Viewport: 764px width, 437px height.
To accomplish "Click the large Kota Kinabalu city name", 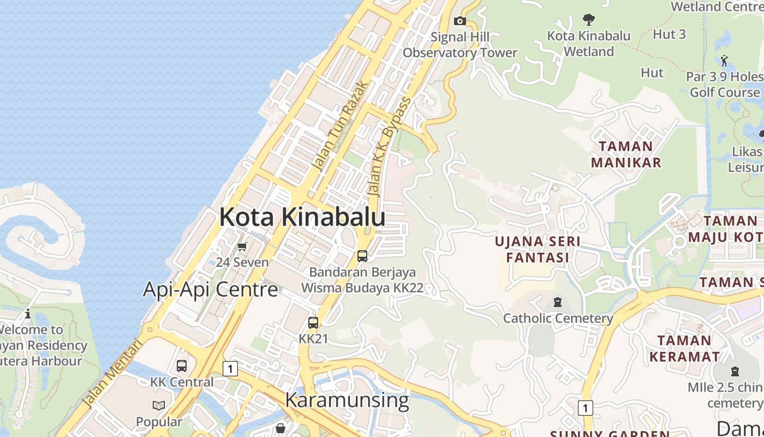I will point(302,217).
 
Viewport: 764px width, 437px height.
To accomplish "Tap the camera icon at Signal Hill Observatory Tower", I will point(460,21).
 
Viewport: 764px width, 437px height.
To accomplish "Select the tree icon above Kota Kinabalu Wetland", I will point(588,20).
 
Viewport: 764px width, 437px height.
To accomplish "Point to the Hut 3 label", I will point(669,34).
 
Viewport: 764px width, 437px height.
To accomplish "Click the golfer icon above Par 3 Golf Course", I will point(724,60).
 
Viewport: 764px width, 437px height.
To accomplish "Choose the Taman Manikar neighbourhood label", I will point(626,154).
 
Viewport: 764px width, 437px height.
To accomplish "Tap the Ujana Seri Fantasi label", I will point(538,249).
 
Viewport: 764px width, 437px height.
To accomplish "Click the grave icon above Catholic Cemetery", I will point(558,302).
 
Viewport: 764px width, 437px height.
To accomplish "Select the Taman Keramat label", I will point(684,349).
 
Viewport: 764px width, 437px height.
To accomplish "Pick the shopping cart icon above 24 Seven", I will point(242,246).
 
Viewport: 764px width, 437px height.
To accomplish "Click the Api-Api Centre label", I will point(211,290).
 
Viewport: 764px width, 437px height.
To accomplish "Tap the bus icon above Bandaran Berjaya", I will point(362,256).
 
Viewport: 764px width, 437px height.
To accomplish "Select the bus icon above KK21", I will point(313,322).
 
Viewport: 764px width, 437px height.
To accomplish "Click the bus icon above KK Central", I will point(182,365).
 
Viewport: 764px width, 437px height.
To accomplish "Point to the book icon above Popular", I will point(159,405).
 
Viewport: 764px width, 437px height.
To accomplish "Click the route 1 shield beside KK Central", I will point(230,369).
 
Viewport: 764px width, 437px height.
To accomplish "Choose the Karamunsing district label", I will point(347,400).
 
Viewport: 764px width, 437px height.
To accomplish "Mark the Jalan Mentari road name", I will point(113,374).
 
